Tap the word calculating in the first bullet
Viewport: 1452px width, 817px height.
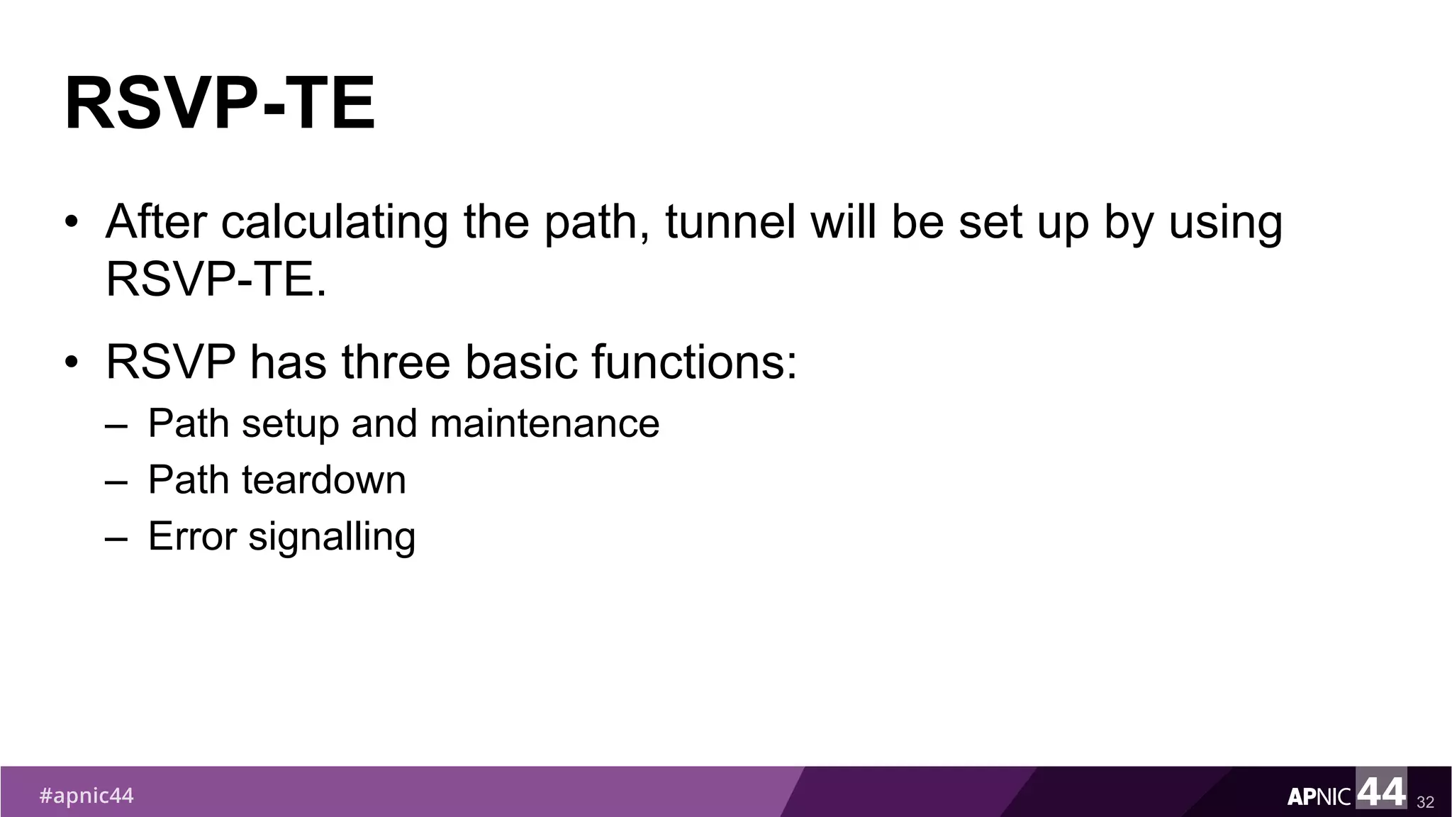point(335,222)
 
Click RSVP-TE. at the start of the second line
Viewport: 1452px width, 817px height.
point(216,279)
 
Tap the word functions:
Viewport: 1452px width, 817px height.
point(695,362)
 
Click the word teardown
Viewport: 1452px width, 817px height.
point(324,480)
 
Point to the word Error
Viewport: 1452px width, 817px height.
point(192,537)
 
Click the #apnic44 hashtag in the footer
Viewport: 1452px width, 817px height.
point(86,796)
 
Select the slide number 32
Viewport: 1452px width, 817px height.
point(1425,802)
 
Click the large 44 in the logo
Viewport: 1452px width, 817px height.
point(1381,791)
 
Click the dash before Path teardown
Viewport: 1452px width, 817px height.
point(116,482)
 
